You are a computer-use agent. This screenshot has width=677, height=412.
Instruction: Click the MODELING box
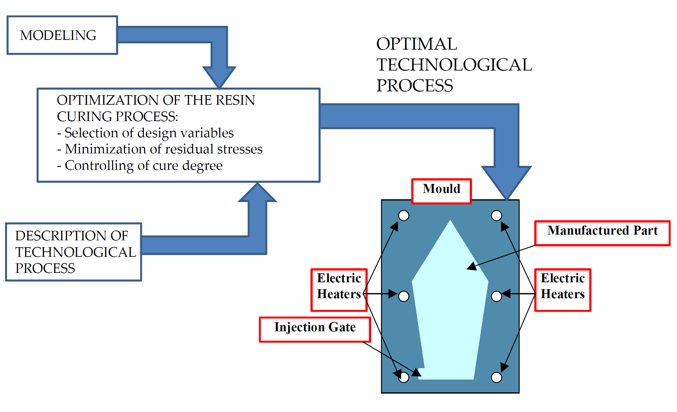click(x=62, y=35)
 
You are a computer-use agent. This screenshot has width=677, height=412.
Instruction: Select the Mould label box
click(x=441, y=191)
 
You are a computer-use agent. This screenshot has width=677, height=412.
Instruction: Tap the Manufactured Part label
click(x=602, y=233)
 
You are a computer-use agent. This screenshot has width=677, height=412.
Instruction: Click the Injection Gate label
click(x=314, y=329)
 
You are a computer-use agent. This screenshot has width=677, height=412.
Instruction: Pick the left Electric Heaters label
click(x=339, y=289)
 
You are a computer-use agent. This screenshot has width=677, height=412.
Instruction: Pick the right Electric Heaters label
click(x=562, y=289)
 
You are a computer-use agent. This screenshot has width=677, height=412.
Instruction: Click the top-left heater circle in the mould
click(x=403, y=216)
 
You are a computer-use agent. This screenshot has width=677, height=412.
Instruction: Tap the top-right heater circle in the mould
click(x=496, y=216)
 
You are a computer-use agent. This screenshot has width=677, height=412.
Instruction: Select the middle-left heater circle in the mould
click(x=403, y=296)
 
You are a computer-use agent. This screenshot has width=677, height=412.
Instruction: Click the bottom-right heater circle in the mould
click(x=496, y=377)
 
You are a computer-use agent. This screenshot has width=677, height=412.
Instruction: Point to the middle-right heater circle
click(x=496, y=296)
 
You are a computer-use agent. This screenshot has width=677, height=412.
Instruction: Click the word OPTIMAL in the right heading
click(x=416, y=44)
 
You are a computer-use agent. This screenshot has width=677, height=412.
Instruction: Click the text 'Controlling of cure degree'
click(x=143, y=165)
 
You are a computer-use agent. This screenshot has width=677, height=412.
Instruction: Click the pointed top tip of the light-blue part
click(x=450, y=222)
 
